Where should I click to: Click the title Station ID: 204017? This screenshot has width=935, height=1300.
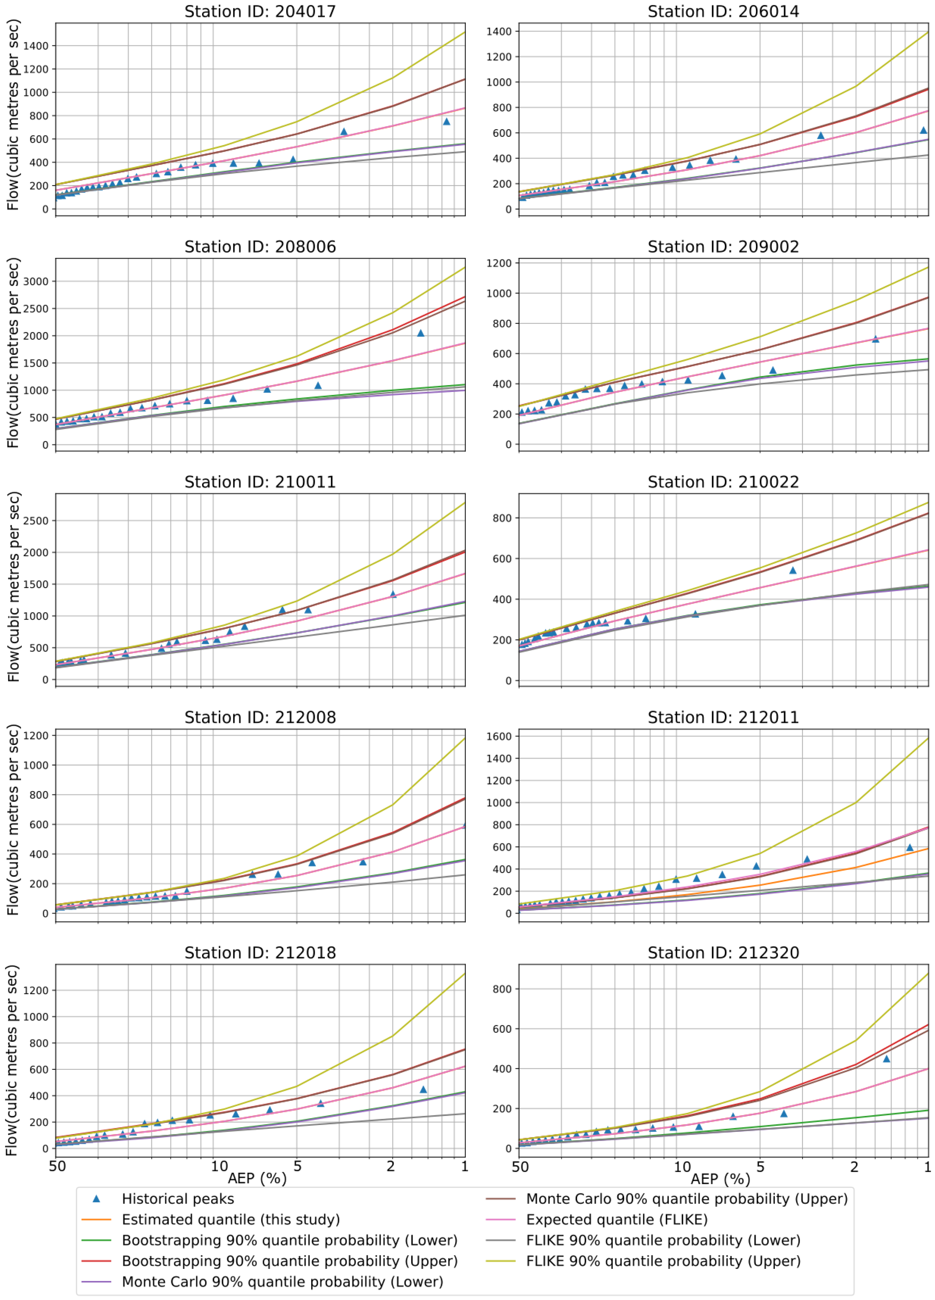pyautogui.click(x=260, y=11)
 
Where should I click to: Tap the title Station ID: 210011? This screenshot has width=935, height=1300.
pyautogui.click(x=260, y=482)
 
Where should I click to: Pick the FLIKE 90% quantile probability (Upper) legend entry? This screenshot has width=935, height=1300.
pyautogui.click(x=663, y=1261)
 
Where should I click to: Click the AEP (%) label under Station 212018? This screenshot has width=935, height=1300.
pyautogui.click(x=257, y=1179)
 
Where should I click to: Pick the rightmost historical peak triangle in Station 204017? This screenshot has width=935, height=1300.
pyautogui.click(x=446, y=121)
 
